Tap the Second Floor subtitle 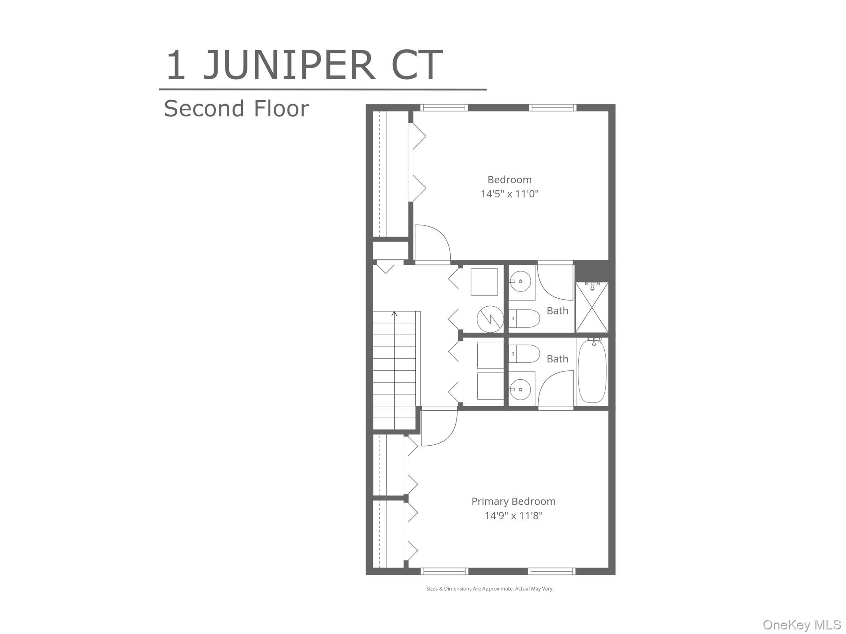(236, 109)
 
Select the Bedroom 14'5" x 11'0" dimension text (509, 194)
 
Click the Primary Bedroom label (513, 502)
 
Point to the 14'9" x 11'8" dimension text (513, 516)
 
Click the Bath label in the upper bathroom (557, 311)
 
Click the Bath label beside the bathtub (557, 359)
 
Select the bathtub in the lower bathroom (592, 371)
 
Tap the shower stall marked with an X (592, 308)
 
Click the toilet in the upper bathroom (524, 318)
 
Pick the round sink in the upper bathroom (520, 282)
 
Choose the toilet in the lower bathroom (524, 354)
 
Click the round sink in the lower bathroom (520, 389)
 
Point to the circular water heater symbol (490, 319)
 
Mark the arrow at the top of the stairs (394, 314)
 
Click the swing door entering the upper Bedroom (432, 244)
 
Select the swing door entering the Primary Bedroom (439, 427)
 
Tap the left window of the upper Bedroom (444, 108)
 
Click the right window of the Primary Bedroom (551, 571)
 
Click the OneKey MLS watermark (801, 625)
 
